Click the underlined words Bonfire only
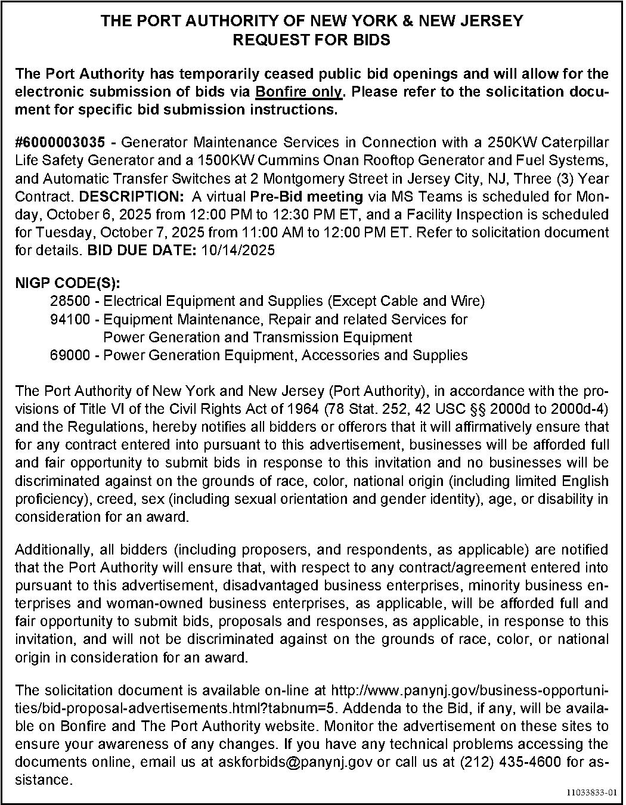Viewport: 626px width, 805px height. click(x=299, y=92)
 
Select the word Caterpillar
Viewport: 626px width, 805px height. click(x=575, y=143)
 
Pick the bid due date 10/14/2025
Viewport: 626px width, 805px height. click(x=238, y=250)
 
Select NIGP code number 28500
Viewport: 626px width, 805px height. click(x=70, y=301)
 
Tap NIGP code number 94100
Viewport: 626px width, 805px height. click(x=70, y=319)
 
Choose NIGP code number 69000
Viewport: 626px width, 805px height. click(x=70, y=355)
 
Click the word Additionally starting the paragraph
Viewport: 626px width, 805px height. click(x=52, y=549)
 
